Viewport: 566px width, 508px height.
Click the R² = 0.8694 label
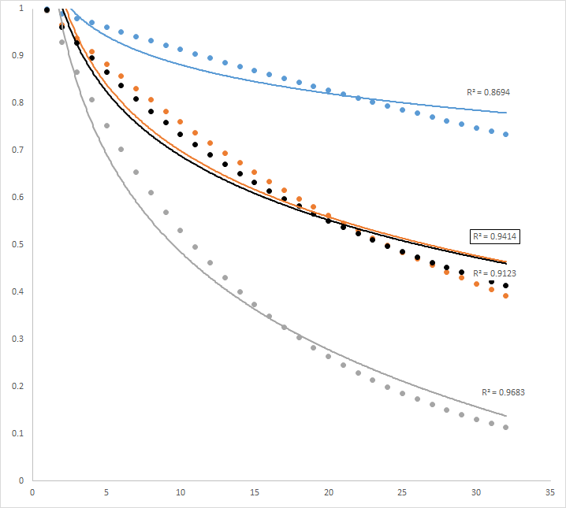(488, 92)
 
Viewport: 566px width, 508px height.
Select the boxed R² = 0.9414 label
(493, 235)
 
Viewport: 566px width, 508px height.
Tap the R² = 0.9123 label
(493, 273)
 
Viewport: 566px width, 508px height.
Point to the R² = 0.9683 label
(503, 391)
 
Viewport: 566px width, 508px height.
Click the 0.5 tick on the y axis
(17, 244)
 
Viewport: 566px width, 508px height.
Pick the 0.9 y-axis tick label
(17, 55)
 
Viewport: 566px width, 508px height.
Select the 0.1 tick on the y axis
(17, 433)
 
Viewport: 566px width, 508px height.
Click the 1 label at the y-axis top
(20, 8)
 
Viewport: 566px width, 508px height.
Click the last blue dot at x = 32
(506, 135)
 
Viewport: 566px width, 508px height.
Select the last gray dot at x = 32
(506, 428)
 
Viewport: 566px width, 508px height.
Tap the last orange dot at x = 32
(506, 296)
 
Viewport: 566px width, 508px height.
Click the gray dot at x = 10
(181, 230)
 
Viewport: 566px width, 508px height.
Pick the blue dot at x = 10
(181, 50)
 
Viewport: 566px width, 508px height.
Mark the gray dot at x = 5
(106, 126)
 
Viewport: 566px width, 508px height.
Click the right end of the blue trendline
(506, 113)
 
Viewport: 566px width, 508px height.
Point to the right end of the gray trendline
(506, 416)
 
